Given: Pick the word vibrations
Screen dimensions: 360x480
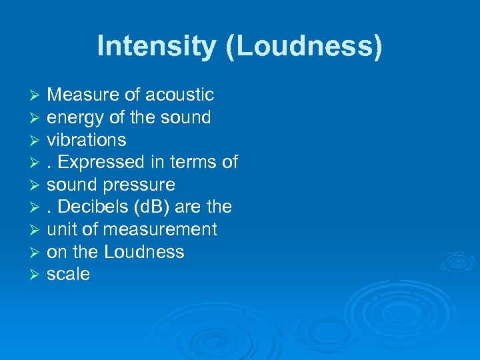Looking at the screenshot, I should [x=87, y=140].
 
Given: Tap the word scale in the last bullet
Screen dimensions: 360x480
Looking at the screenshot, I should [x=68, y=275].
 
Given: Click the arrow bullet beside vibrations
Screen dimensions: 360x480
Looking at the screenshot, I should [x=37, y=141].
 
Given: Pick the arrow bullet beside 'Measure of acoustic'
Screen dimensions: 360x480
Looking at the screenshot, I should [x=37, y=96].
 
